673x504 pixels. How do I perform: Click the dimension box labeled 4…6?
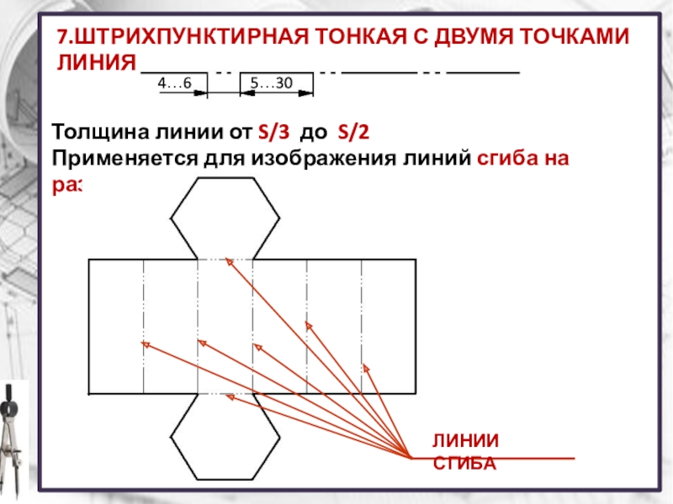coord(175,82)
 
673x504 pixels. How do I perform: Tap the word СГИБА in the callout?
coord(464,463)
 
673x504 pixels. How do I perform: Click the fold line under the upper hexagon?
coord(225,260)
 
